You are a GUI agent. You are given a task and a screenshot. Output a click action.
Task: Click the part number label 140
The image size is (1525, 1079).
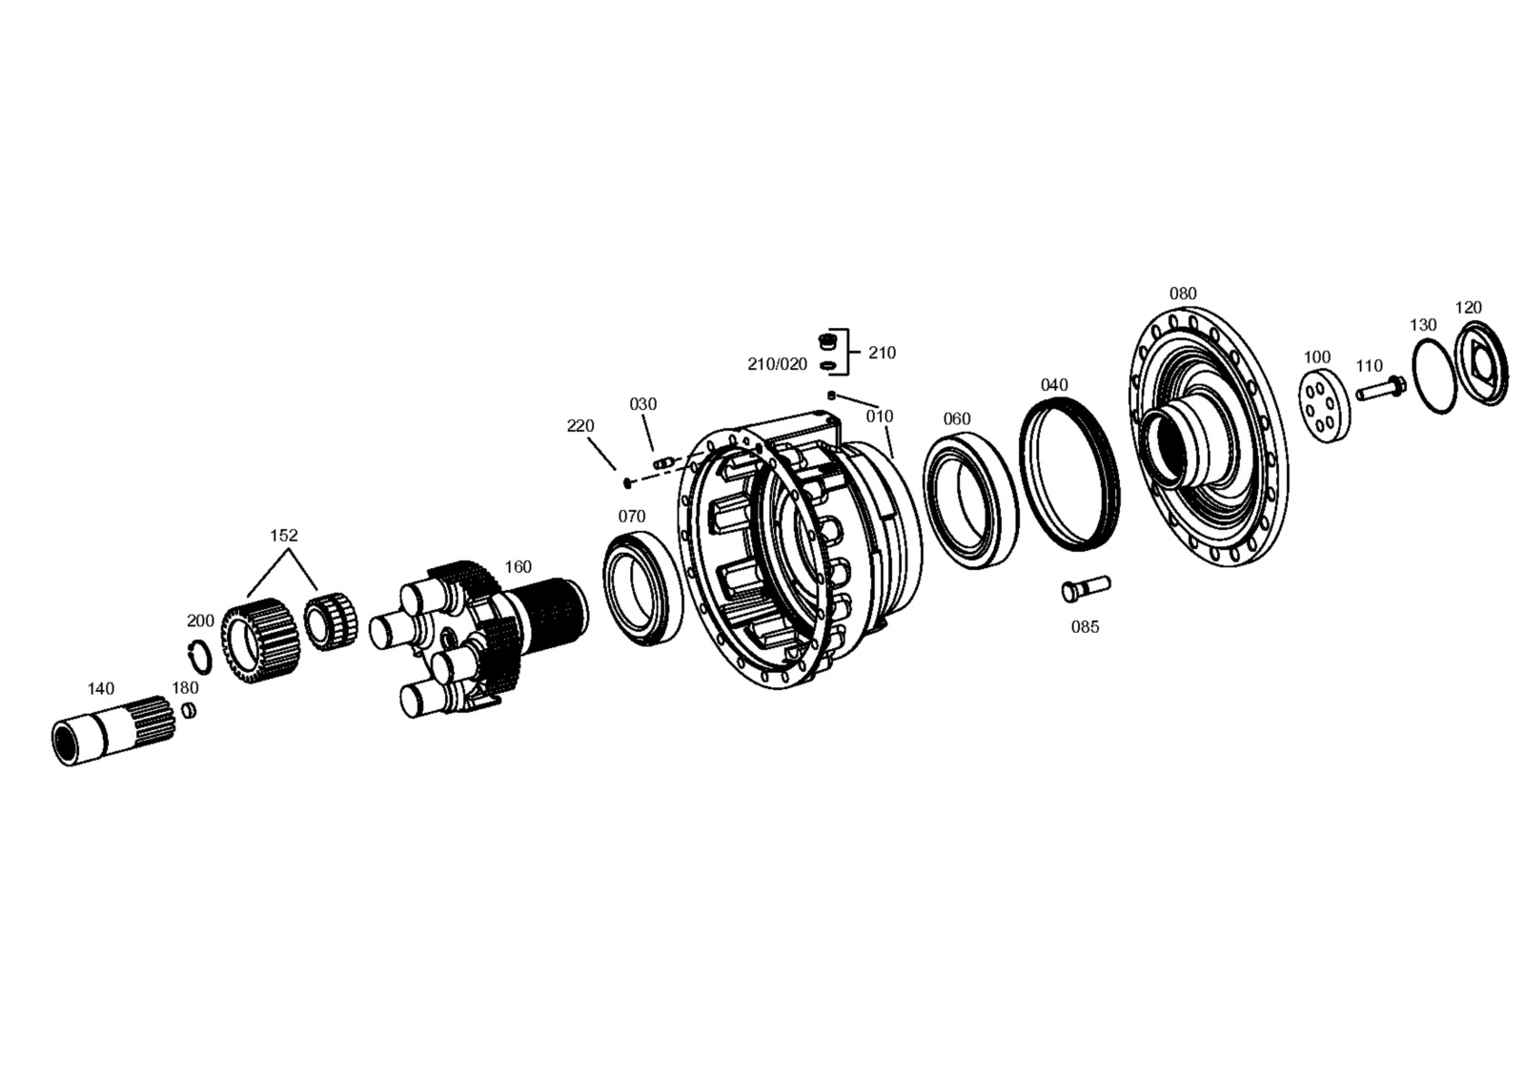click(101, 688)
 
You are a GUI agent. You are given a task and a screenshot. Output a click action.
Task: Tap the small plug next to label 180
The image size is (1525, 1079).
click(190, 710)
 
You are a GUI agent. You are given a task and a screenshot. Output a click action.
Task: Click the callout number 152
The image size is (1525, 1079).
click(284, 536)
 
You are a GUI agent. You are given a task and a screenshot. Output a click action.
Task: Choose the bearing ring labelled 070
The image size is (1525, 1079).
click(643, 590)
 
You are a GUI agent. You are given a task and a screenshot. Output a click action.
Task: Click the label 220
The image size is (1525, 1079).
click(580, 426)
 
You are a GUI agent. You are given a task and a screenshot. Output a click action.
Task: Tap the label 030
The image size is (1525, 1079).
click(642, 404)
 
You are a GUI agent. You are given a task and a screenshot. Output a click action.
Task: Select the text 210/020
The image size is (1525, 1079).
click(778, 364)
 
